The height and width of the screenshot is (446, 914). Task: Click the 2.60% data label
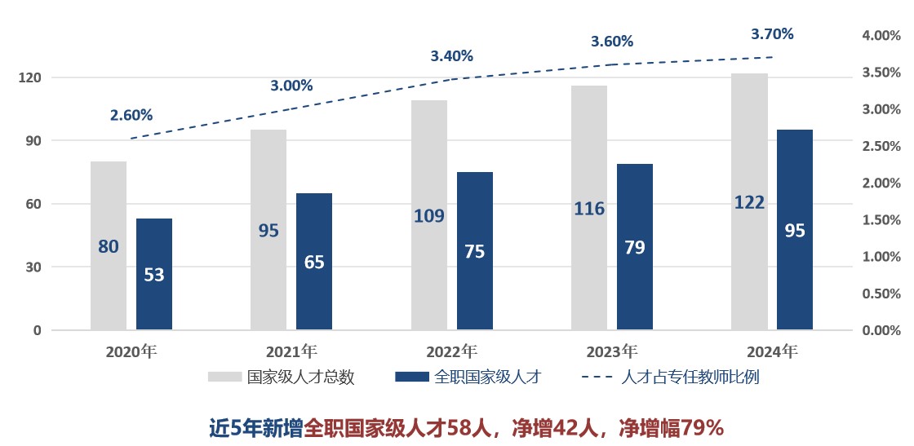tap(131, 116)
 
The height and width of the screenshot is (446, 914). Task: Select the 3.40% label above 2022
tap(451, 56)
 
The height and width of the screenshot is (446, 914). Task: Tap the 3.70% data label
tap(772, 34)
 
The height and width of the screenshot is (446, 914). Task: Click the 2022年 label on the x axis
tap(451, 352)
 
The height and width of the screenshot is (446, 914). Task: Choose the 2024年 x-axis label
tap(772, 352)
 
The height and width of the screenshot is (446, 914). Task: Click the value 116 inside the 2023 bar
tap(589, 209)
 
